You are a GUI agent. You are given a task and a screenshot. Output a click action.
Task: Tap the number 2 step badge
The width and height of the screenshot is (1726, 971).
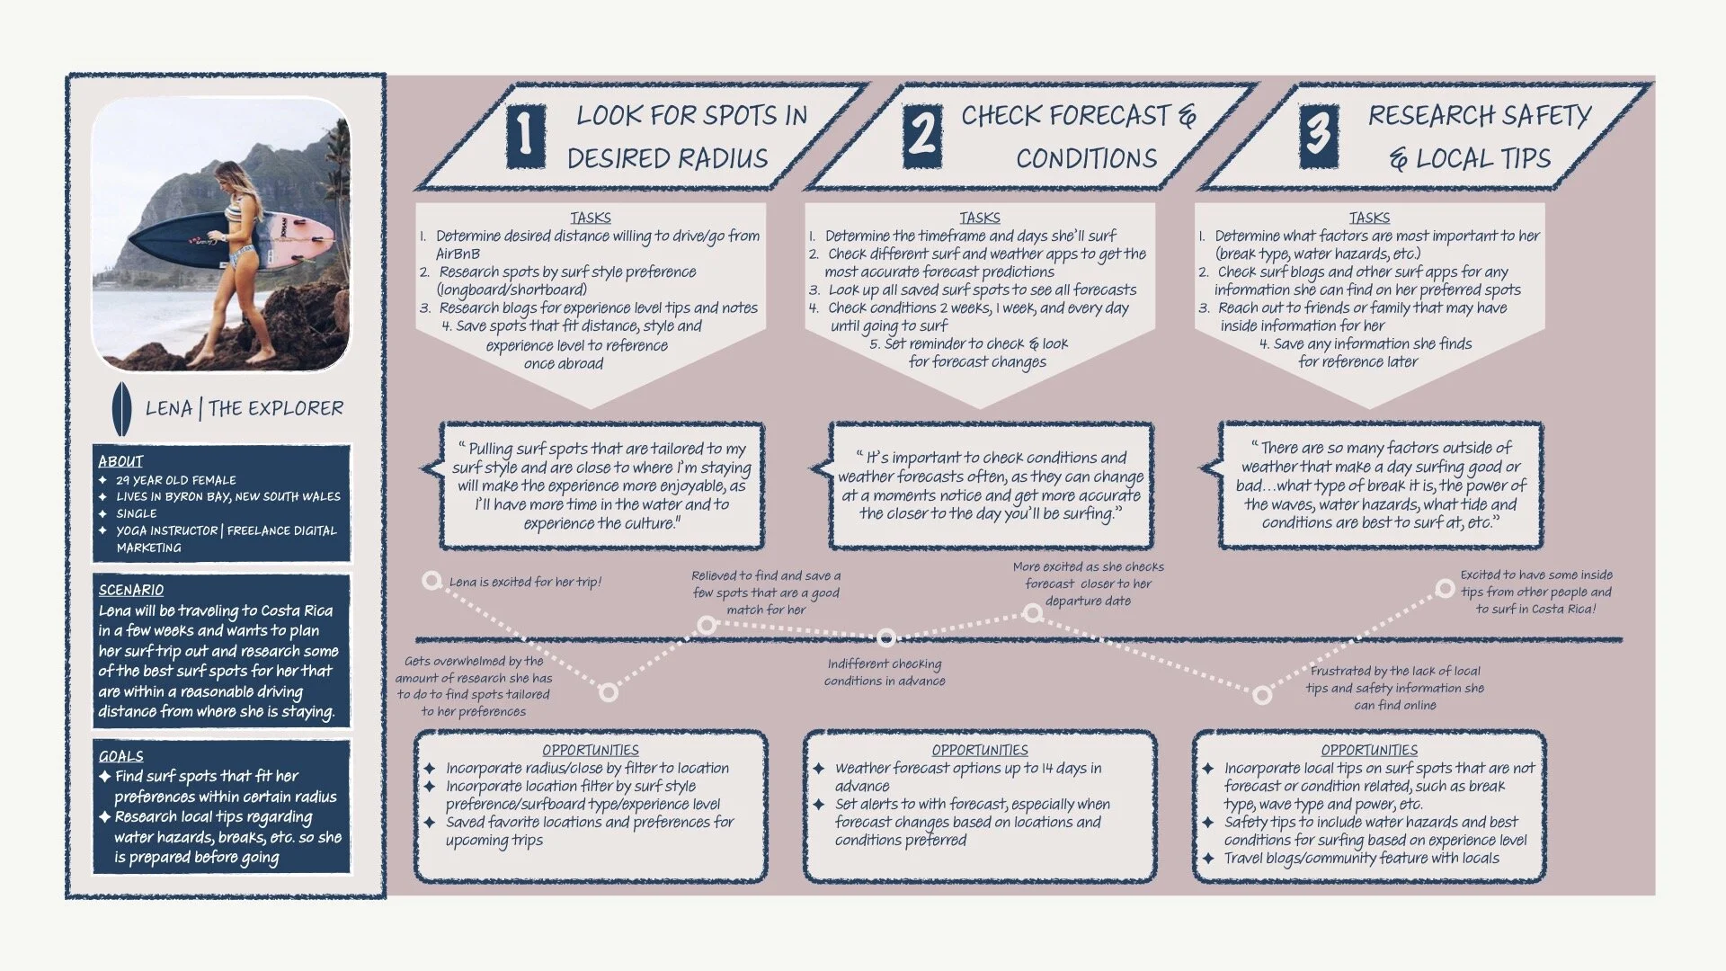922,135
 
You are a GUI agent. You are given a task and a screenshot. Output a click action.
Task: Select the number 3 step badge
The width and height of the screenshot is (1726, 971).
1318,135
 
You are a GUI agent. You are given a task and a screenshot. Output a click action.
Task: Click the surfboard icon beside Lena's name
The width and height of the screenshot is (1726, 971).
121,409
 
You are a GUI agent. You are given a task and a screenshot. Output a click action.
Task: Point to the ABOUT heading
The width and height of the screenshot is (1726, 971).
120,461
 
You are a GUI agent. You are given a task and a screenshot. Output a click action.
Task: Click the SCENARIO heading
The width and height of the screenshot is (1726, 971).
131,590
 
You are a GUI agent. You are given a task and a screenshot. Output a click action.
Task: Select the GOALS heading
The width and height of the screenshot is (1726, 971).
120,756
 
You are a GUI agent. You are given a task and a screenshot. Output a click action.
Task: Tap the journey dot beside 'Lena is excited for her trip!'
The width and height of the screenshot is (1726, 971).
431,581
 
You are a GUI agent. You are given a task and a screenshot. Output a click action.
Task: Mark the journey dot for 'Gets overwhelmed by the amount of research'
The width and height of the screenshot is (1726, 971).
609,692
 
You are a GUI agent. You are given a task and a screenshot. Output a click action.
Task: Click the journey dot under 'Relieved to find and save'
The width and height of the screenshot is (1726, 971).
707,625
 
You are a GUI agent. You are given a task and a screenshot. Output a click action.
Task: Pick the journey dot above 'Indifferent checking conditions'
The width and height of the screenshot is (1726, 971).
886,637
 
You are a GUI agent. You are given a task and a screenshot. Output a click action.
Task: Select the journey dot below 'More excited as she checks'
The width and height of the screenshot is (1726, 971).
1033,613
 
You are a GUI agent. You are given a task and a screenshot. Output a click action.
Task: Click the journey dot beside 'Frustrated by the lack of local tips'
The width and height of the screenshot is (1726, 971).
1262,695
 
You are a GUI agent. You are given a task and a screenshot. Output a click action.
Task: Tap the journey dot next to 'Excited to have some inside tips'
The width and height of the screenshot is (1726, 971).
1445,589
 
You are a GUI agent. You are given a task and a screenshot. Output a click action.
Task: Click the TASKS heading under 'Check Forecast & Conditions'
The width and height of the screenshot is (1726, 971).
980,218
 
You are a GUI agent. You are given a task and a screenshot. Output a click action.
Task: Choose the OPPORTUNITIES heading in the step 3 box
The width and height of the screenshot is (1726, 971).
1369,750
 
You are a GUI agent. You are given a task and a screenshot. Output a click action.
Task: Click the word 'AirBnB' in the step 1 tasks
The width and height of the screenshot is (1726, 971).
458,254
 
